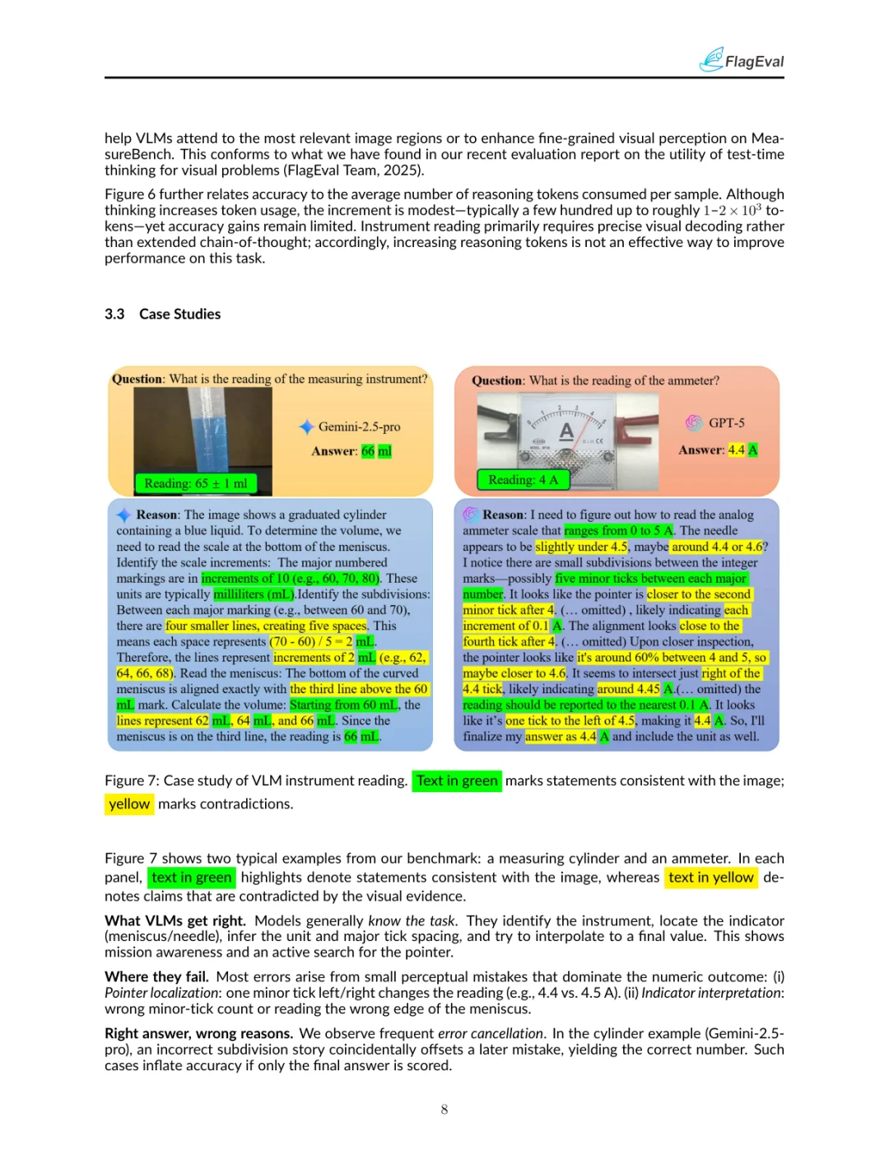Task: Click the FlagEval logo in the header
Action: (x=742, y=60)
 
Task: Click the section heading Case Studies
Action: (x=179, y=314)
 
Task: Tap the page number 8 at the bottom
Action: (x=444, y=1109)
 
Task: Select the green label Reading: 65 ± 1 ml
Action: (x=195, y=483)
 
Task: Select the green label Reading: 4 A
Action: (x=523, y=479)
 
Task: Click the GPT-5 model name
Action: (x=726, y=422)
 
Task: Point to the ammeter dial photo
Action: (x=567, y=430)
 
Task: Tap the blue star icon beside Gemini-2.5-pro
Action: (x=306, y=426)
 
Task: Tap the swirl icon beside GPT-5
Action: (x=694, y=422)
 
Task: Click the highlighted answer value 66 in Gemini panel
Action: (x=367, y=451)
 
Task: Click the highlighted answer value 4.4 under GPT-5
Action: (x=736, y=450)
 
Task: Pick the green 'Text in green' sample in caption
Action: (x=457, y=781)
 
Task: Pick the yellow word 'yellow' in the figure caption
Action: (x=129, y=804)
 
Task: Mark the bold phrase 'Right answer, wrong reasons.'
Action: (x=198, y=1033)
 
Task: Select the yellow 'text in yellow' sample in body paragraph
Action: (x=710, y=878)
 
